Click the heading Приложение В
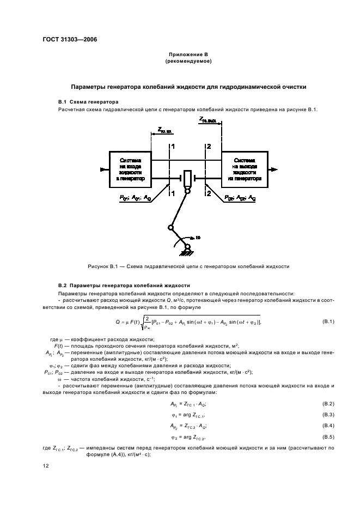(188, 55)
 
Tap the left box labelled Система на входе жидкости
(129, 169)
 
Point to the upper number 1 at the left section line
(173, 147)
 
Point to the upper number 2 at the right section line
(208, 147)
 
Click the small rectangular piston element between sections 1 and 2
(188, 178)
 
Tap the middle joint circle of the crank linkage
(170, 228)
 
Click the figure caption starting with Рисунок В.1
(188, 266)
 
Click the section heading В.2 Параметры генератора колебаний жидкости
(124, 285)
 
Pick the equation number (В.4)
(328, 425)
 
